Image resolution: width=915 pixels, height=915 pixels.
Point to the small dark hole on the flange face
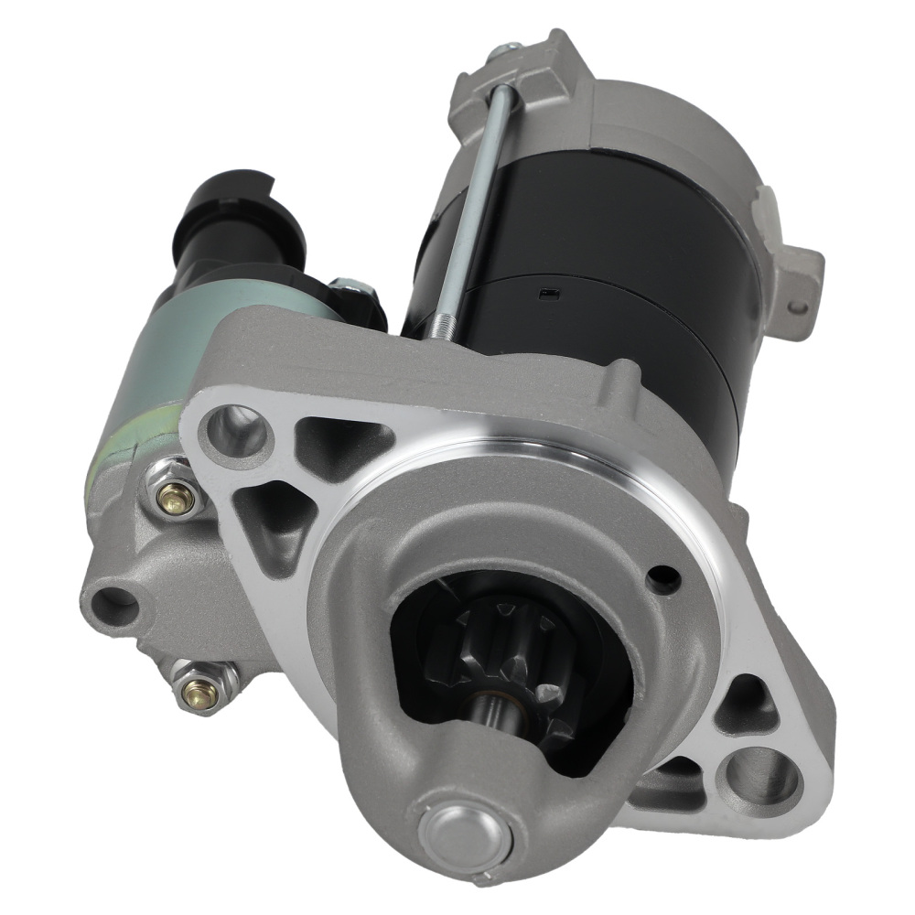[662, 578]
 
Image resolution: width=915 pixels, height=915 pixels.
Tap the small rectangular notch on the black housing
[547, 294]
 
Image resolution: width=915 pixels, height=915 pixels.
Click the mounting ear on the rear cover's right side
[792, 274]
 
